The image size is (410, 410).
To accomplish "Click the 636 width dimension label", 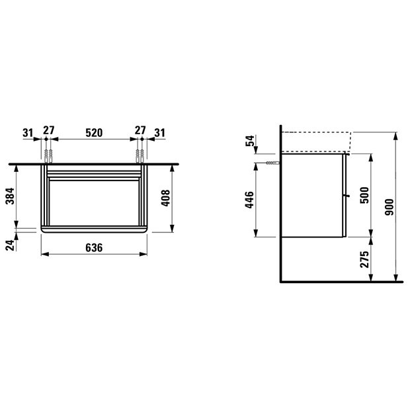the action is (94, 247).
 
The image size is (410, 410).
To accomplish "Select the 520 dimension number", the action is (94, 133).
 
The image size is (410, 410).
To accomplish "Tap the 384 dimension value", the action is (11, 196).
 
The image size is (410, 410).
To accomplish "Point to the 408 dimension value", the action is (165, 198).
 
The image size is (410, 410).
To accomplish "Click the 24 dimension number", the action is (11, 245).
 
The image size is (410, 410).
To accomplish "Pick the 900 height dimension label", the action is (389, 207).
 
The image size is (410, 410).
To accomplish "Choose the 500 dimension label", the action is (364, 195).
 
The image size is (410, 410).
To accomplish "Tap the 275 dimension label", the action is (364, 259).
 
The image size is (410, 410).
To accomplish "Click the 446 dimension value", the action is (249, 200).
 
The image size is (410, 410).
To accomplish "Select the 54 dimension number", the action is (251, 141).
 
